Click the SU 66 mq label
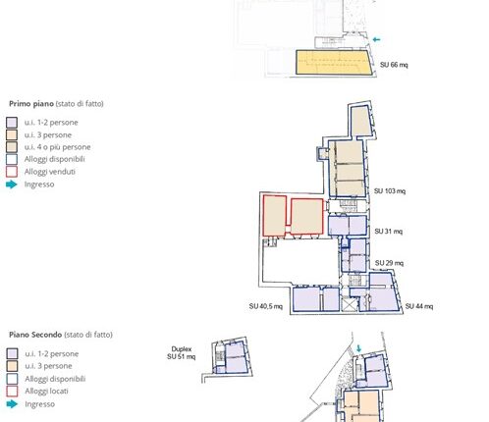point(394,65)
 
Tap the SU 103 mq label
point(390,191)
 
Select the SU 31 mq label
point(389,232)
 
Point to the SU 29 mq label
point(389,263)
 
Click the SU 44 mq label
point(419,306)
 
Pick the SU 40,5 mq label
point(266,306)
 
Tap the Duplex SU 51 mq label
point(181,353)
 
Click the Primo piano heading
point(31,104)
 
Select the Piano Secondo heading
point(35,335)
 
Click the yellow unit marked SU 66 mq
point(334,62)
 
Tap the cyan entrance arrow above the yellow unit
point(376,39)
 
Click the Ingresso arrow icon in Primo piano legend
point(12,185)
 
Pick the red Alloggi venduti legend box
point(12,172)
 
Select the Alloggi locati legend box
point(12,392)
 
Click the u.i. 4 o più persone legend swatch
point(12,147)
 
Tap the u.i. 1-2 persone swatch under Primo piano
point(12,123)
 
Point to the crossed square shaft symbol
point(348,304)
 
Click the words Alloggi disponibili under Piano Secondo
point(55,379)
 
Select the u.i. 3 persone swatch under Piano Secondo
point(12,366)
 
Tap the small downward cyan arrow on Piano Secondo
point(358,348)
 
